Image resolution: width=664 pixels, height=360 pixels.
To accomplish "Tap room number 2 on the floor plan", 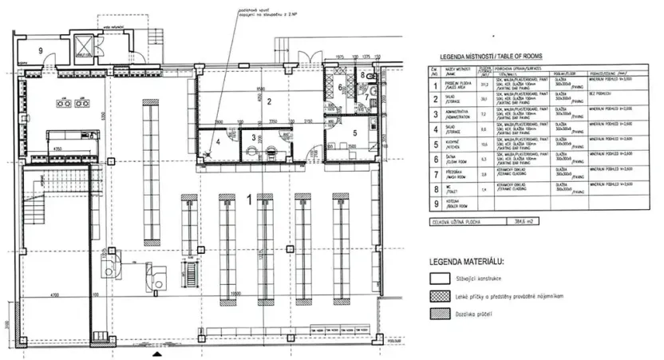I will [270, 101].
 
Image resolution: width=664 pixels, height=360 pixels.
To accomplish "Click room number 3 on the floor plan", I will [254, 138].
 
